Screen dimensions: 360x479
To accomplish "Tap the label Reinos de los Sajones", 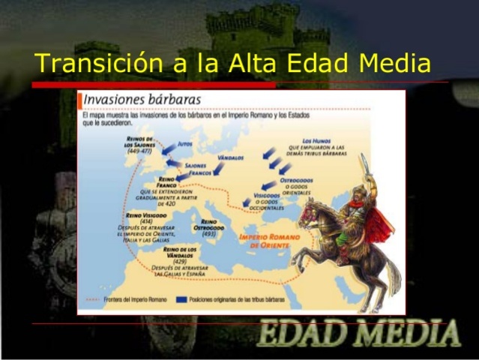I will click(139, 144).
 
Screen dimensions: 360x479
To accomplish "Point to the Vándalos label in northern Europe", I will click(231, 158).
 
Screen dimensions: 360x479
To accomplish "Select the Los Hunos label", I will click(316, 141).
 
